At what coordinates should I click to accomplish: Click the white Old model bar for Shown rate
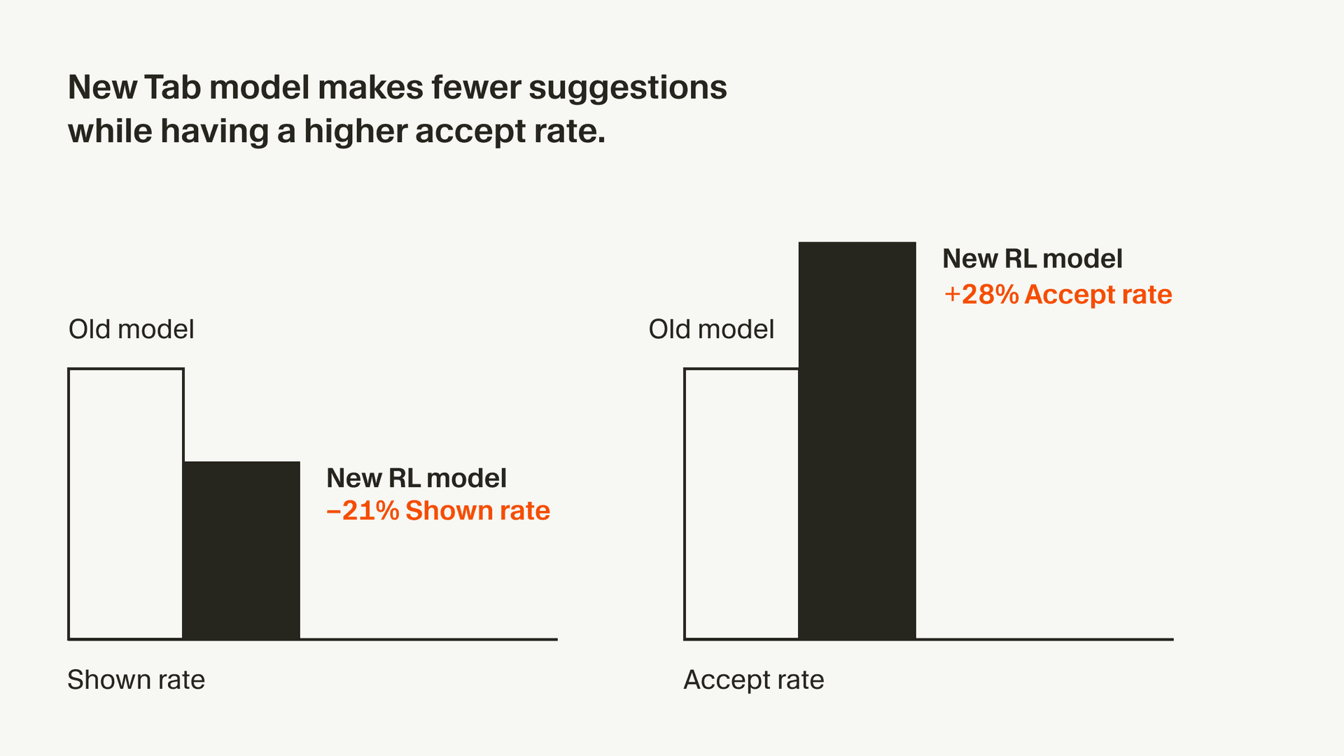click(126, 504)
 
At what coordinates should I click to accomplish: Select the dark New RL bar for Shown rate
click(241, 550)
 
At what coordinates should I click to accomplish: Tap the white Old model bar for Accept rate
click(741, 504)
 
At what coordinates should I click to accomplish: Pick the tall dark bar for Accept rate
click(857, 441)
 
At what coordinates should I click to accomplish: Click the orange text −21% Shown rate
click(438, 511)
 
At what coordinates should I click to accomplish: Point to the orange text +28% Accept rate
click(1058, 295)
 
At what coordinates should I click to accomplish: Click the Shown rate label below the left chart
click(136, 680)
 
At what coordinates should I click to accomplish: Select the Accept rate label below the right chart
click(753, 680)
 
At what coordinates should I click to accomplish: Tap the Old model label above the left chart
click(131, 329)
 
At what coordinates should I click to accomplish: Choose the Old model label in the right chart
click(711, 329)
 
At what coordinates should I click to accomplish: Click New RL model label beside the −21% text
click(416, 478)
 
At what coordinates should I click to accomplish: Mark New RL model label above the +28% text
click(1032, 259)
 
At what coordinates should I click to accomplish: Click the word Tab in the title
click(174, 88)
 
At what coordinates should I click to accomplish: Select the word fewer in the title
click(475, 88)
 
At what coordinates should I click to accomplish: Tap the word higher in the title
click(355, 132)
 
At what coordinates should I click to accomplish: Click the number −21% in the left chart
click(363, 511)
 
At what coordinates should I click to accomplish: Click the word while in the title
click(109, 132)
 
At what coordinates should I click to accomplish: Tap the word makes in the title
click(370, 88)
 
